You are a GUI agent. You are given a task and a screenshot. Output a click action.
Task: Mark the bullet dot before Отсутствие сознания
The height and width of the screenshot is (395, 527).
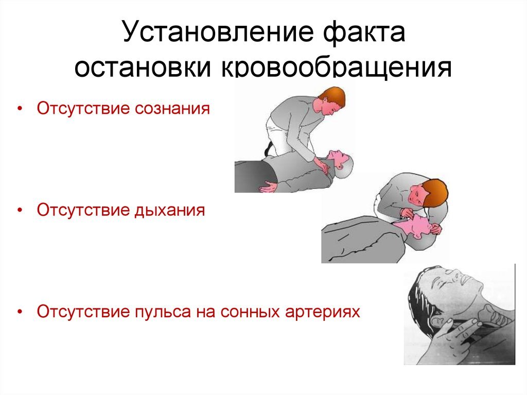20,110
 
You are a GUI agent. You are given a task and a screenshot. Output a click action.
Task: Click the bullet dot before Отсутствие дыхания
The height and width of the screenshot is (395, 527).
20,212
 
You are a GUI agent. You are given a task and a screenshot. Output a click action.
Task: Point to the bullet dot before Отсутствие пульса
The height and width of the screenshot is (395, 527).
20,313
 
